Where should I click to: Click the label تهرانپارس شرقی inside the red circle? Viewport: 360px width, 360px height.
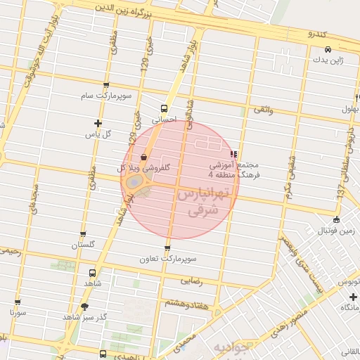pos(204,200)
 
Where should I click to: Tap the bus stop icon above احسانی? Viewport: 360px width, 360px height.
pos(164,108)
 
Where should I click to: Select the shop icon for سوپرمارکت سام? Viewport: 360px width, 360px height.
pos(105,84)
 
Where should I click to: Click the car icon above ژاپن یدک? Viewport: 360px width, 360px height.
pos(328,49)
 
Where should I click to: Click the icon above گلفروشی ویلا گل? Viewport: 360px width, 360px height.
pos(144,157)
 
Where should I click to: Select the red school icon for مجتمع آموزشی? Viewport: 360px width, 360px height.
pos(233,153)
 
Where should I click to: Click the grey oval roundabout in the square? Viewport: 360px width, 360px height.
pos(133,182)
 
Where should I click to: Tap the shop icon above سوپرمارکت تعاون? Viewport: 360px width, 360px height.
pos(167,248)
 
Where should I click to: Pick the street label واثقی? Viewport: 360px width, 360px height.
pos(262,110)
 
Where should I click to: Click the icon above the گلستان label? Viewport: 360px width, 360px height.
pos(83,234)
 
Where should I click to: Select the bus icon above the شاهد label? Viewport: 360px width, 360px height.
pos(93,273)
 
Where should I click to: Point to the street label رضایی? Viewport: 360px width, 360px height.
pos(191,280)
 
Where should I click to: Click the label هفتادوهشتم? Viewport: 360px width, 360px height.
pos(186,302)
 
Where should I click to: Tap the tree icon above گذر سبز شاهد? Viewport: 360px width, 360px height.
pos(85,307)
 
